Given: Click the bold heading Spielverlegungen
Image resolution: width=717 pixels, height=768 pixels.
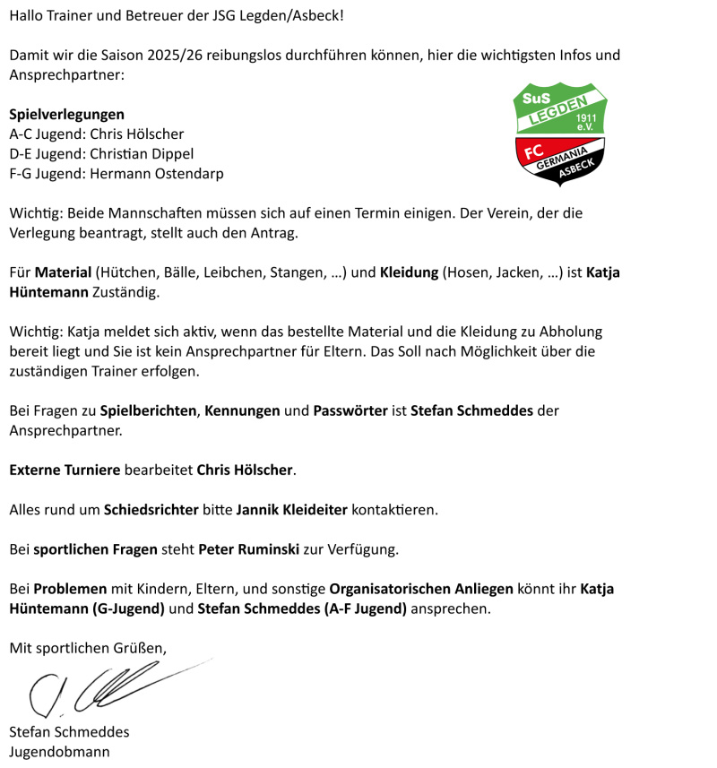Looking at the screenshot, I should [x=66, y=115].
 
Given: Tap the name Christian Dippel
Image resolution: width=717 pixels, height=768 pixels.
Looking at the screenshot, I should [x=142, y=154].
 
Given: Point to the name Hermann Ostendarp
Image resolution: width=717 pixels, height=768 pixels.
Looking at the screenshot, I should [x=157, y=174].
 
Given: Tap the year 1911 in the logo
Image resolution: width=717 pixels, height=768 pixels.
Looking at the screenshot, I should [x=587, y=117].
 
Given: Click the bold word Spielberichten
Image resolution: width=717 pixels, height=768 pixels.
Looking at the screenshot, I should [x=149, y=411].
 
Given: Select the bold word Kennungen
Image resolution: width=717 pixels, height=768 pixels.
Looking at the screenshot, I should [x=242, y=411].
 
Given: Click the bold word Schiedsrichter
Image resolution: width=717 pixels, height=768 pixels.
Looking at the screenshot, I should [x=151, y=509].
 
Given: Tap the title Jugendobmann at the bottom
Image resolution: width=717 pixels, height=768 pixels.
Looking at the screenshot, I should [x=59, y=752].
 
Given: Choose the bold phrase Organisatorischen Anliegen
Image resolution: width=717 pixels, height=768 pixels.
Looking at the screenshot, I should [x=421, y=589].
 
